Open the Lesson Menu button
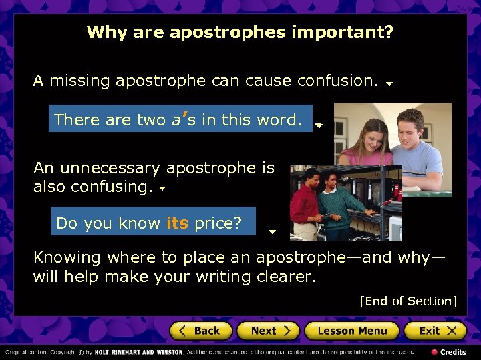(351, 331)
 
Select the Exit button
(436, 331)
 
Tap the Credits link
(452, 352)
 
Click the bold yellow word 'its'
(177, 223)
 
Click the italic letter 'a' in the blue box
(176, 120)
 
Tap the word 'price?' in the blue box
(218, 223)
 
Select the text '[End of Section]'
(408, 301)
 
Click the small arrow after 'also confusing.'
(162, 189)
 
